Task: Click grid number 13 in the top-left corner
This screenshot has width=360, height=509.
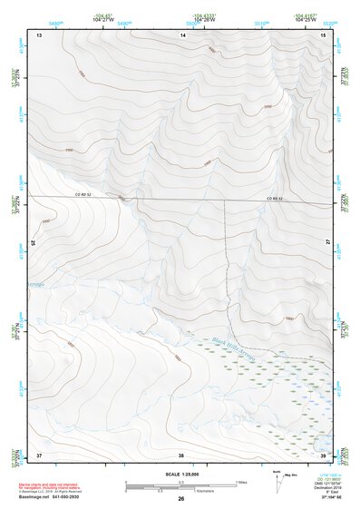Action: pyautogui.click(x=39, y=34)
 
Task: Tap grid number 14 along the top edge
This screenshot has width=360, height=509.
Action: pyautogui.click(x=182, y=34)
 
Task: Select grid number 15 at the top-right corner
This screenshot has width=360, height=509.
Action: pyautogui.click(x=324, y=34)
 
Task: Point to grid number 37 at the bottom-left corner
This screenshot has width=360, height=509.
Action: pyautogui.click(x=39, y=454)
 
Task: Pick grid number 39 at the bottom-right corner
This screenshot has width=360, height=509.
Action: pyautogui.click(x=324, y=454)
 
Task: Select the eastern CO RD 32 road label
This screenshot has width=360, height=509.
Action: pyautogui.click(x=275, y=198)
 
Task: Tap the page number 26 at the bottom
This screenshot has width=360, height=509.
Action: pyautogui.click(x=181, y=499)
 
